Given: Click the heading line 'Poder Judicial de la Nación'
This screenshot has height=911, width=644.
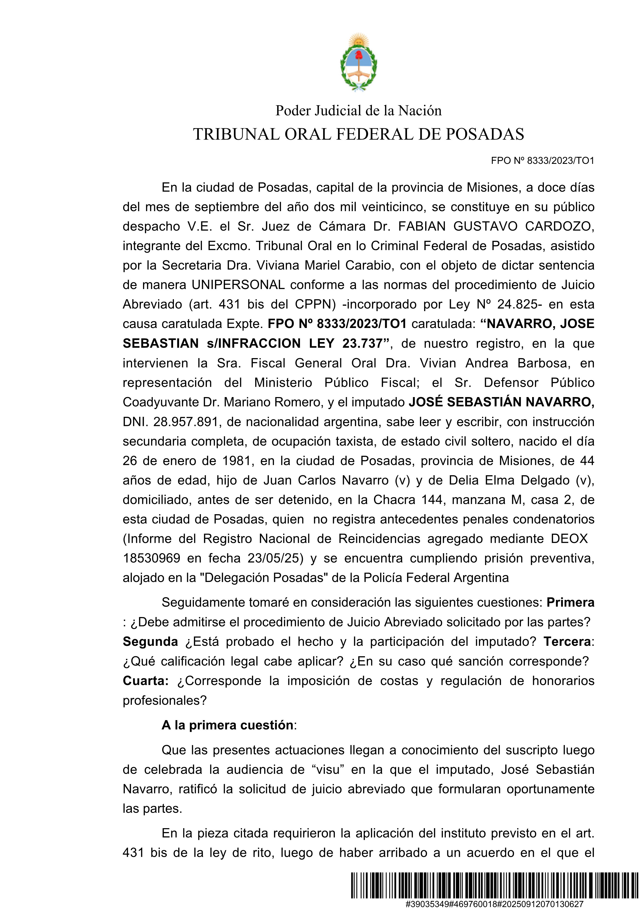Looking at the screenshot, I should pos(358,111).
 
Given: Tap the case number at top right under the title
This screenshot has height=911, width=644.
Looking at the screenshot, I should pos(543,161).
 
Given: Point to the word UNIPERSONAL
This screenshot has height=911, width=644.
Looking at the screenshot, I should pos(238,285).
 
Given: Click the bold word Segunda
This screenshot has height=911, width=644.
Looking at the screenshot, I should pos(150,642).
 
